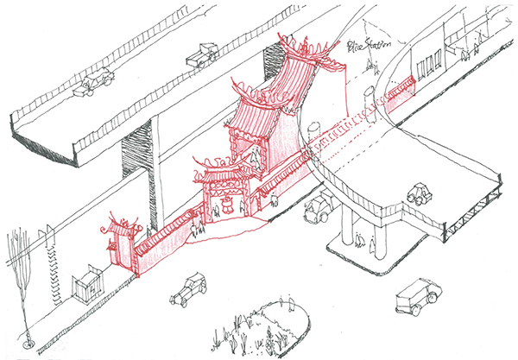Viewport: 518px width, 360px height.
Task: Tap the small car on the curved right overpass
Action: (x=420, y=193)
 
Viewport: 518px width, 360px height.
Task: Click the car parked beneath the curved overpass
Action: (x=318, y=208)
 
